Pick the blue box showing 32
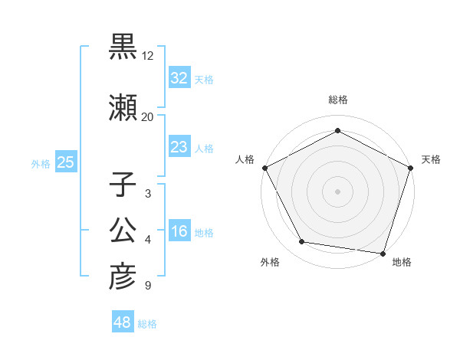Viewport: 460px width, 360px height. tap(179, 78)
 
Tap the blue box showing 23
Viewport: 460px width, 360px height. tap(179, 147)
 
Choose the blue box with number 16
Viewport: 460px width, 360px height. tap(179, 232)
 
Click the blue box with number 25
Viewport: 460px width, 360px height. tap(65, 162)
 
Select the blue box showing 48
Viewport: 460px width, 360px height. tap(123, 322)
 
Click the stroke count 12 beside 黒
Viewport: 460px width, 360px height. tap(147, 56)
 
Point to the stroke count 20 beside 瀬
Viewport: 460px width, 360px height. tap(147, 116)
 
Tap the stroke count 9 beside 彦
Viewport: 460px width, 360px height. tap(147, 286)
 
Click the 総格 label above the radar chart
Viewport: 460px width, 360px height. tap(337, 100)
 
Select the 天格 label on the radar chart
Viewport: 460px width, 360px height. tap(432, 159)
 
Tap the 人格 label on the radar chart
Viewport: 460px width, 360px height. tap(245, 159)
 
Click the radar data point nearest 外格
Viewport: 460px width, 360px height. tap(302, 242)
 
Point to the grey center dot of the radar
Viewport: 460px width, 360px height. tap(337, 191)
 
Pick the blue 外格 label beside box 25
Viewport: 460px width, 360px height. tap(41, 163)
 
